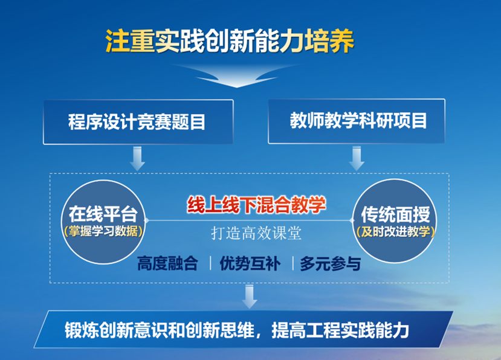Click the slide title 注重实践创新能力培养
pos(230,40)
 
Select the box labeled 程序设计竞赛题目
pos(138,122)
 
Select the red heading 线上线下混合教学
pos(256,205)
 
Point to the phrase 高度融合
pos(167,264)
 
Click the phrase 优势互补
pos(250,264)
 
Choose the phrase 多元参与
pos(330,264)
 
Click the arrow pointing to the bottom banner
pos(249,296)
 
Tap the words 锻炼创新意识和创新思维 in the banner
pos(151,330)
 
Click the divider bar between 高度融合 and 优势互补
pos(210,264)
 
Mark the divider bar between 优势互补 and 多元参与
pos(293,264)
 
